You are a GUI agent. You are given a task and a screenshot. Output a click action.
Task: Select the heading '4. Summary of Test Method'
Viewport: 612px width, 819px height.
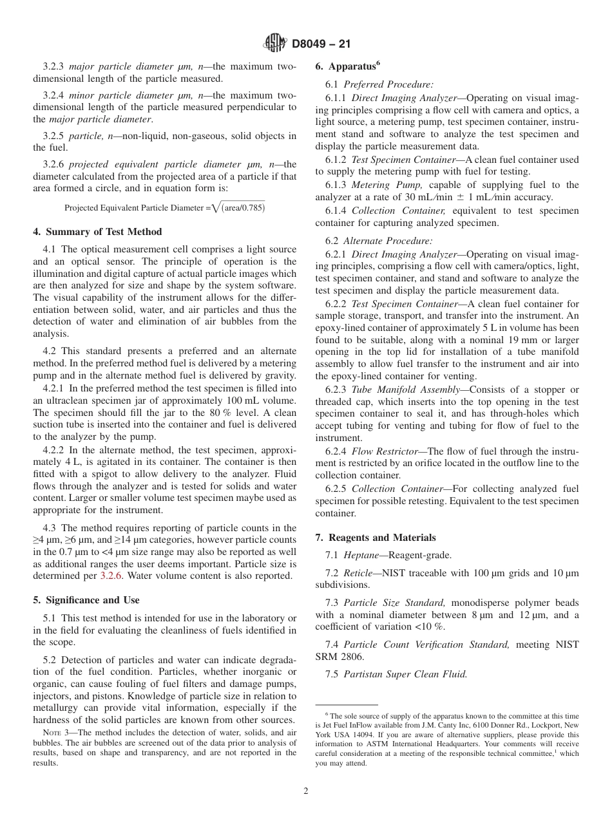97,232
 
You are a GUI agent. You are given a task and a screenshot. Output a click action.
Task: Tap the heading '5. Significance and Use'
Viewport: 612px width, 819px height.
86,600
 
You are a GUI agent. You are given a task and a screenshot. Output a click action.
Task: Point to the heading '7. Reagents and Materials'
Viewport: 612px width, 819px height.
376,538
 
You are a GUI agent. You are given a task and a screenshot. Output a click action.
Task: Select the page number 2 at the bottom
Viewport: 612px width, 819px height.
306,791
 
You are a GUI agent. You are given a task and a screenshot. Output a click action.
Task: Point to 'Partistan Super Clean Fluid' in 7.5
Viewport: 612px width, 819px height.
405,675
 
